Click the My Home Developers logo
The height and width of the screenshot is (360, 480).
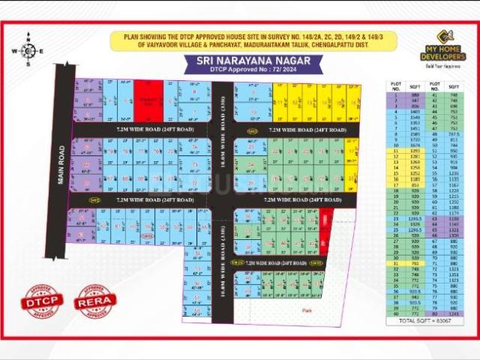tap(441, 48)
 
